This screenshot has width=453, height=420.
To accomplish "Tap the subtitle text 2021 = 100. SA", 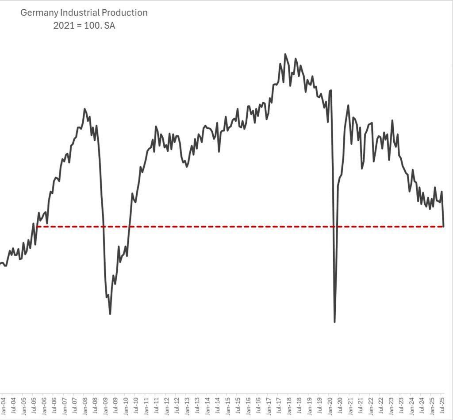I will (84, 25).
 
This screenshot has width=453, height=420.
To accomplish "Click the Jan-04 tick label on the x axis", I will (3, 405).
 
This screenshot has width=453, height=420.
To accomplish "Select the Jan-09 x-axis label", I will (105, 405).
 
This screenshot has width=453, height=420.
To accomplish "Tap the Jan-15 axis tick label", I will (228, 405).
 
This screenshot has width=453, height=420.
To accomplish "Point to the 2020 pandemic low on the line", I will (334, 322).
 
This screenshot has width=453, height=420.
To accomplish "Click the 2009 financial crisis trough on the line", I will (110, 314).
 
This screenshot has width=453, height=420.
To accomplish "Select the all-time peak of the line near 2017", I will (285, 54).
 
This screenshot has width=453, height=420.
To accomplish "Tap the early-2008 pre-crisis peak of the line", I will (85, 109).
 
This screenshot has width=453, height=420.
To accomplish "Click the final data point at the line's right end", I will (443, 226).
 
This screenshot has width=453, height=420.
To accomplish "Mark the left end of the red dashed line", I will (38, 227).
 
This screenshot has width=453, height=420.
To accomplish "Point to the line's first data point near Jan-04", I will (1, 263).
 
